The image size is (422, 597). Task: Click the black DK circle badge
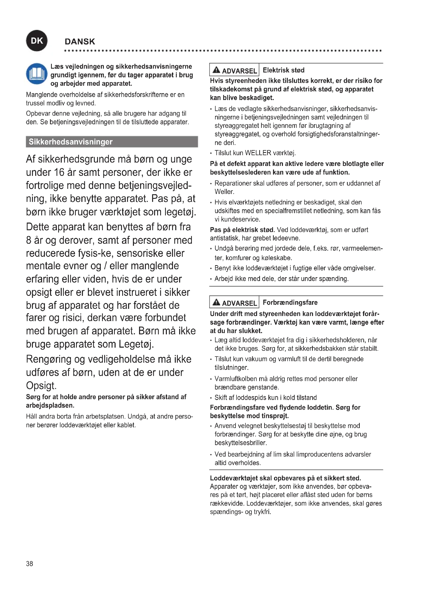click(x=37, y=41)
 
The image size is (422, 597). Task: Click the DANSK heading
click(x=80, y=42)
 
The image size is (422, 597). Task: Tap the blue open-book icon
click(x=37, y=74)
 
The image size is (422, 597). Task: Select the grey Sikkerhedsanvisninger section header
click(x=112, y=142)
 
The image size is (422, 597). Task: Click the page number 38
click(x=29, y=564)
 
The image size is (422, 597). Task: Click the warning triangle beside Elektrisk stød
click(x=216, y=70)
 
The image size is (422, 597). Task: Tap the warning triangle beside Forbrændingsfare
click(x=216, y=302)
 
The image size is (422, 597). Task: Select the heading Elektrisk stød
click(x=283, y=70)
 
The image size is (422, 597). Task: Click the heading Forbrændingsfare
click(x=290, y=302)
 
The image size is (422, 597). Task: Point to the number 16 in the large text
click(x=59, y=172)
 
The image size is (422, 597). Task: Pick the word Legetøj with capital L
click(x=136, y=344)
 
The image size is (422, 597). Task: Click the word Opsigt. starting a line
click(x=41, y=385)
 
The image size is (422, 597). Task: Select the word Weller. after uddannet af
click(x=224, y=192)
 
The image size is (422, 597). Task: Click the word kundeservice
click(x=237, y=219)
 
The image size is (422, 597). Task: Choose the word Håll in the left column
click(x=32, y=417)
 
